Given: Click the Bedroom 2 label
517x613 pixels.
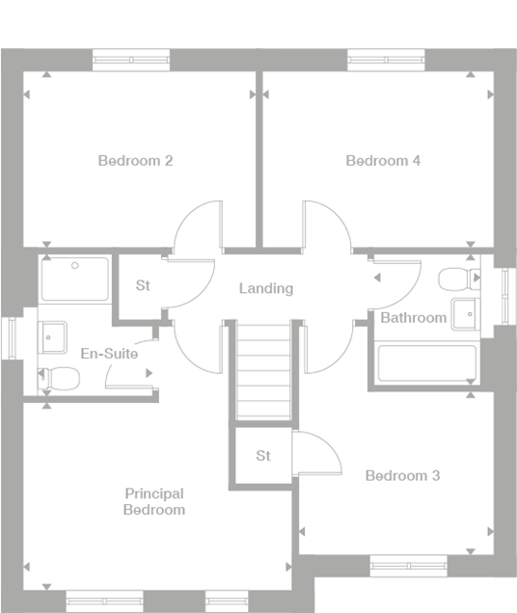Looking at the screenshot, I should (135, 161).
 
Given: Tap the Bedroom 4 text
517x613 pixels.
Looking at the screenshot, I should (383, 161).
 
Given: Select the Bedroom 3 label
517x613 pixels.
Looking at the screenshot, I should (402, 476).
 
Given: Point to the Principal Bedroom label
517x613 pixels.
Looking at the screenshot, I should (154, 501).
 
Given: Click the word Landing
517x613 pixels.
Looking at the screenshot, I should (266, 288).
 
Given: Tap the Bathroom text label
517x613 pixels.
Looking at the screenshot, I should (413, 317).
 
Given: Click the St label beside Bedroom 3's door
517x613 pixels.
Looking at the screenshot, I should (263, 456).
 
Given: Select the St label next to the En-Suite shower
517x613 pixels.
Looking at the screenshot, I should (144, 285).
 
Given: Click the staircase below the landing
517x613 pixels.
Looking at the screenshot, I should (263, 371).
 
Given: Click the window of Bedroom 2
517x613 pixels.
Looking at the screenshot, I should (130, 60).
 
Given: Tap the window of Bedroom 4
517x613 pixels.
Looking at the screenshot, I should (387, 60).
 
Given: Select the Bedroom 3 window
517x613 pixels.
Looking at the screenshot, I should (409, 566).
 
